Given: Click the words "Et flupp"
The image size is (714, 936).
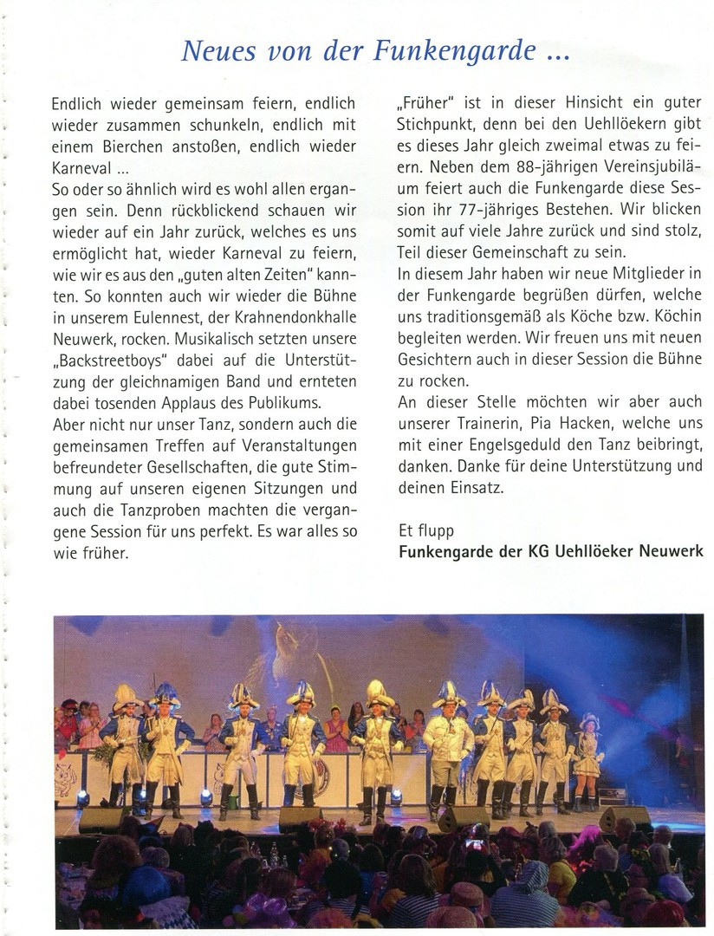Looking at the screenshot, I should (x=425, y=530).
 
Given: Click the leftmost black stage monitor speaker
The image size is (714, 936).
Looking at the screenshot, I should (x=101, y=820).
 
